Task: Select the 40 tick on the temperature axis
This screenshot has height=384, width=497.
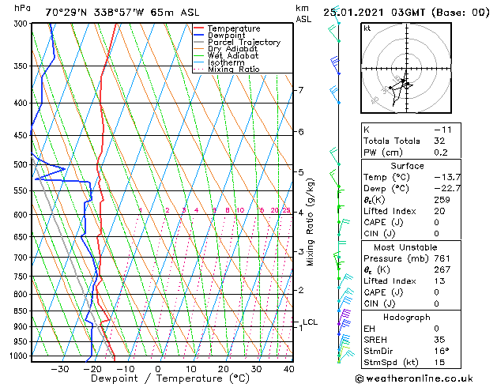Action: pyautogui.click(x=289, y=368)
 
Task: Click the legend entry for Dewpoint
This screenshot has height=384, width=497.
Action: pyautogui.click(x=227, y=36)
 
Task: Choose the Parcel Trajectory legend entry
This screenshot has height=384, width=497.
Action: pyautogui.click(x=243, y=43)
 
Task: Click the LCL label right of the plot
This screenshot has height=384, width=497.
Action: pyautogui.click(x=310, y=322)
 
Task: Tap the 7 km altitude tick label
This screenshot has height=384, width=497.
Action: pyautogui.click(x=300, y=90)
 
